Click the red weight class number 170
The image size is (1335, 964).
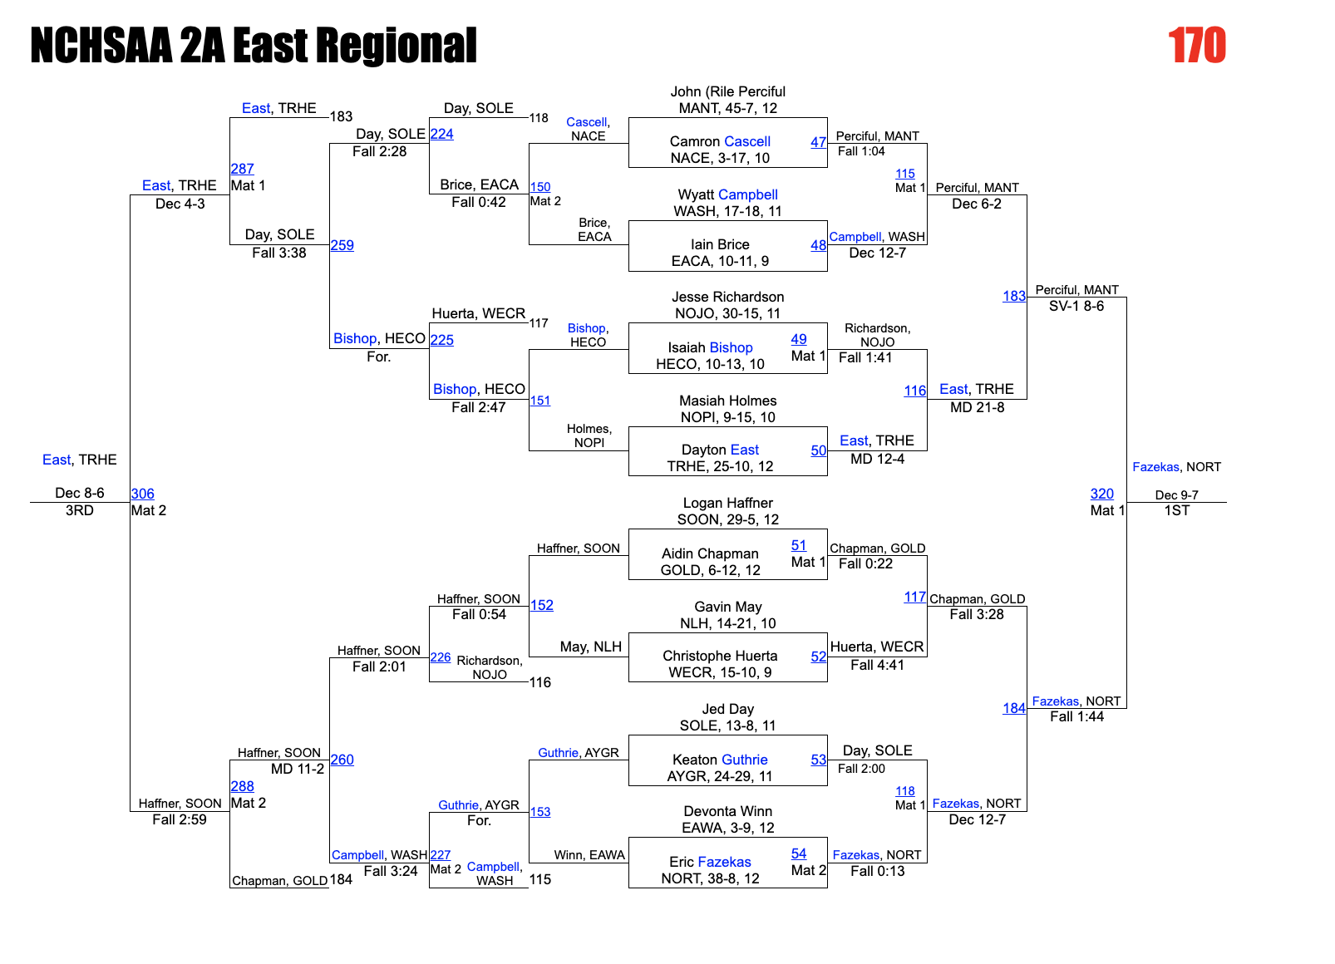point(1196,45)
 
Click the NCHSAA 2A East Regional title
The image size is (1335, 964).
point(254,45)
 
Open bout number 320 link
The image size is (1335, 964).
point(1101,494)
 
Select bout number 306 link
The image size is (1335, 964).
point(143,494)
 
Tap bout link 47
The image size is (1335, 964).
point(818,142)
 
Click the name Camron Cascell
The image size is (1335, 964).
point(720,141)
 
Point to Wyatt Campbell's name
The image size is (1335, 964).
point(727,194)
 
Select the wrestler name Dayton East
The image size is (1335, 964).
point(720,450)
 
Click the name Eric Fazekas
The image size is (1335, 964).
point(710,862)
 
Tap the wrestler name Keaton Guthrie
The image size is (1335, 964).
point(720,760)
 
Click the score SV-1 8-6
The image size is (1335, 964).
point(1076,306)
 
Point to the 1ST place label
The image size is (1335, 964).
point(1176,510)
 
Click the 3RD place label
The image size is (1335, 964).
point(80,510)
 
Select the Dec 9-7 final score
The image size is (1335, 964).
point(1176,495)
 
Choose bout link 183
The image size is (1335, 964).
point(1014,296)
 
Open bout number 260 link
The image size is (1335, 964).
point(342,760)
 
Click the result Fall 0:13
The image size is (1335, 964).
point(877,871)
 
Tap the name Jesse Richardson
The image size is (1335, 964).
point(727,297)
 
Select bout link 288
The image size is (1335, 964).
point(243,786)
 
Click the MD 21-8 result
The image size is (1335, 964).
point(977,407)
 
